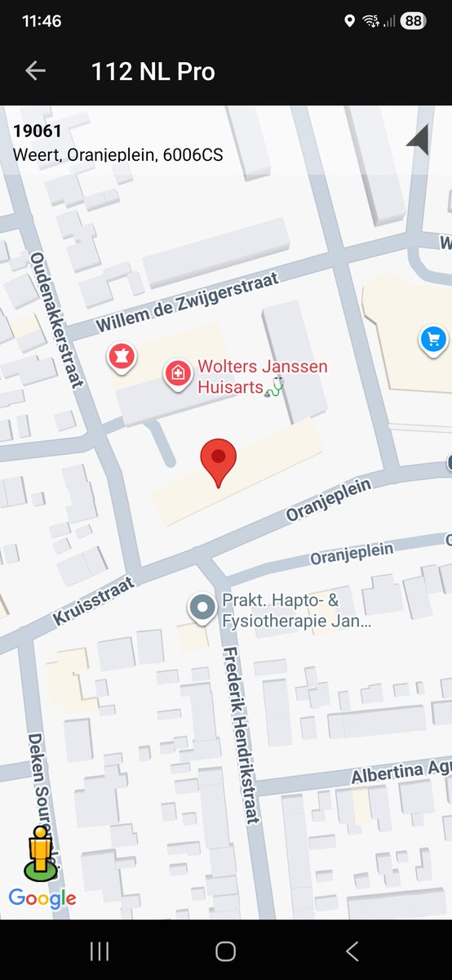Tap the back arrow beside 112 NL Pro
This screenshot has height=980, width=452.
point(35,71)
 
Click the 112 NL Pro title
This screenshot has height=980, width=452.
point(153,72)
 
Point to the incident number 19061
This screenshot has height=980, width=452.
point(38,131)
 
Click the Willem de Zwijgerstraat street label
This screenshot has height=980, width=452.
point(188,302)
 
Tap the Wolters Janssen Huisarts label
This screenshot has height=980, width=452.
point(262,376)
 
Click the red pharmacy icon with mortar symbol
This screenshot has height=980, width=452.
point(122,356)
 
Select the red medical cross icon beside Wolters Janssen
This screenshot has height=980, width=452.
point(177,374)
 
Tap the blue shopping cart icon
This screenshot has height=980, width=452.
point(433,340)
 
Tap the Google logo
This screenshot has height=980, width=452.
point(42,899)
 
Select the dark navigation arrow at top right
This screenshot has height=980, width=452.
point(419,140)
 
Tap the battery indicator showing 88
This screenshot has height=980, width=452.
point(413,21)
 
